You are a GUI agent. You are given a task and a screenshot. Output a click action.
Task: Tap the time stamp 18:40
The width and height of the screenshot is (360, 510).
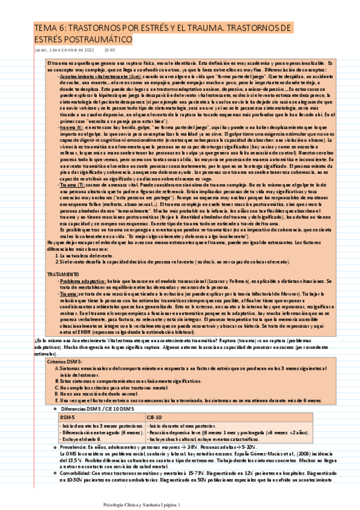click(109, 51)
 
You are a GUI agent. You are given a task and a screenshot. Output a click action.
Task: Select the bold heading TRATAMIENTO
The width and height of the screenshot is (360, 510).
click(62, 274)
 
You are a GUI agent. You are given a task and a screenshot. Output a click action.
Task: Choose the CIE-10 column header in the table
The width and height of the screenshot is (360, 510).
click(154, 416)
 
